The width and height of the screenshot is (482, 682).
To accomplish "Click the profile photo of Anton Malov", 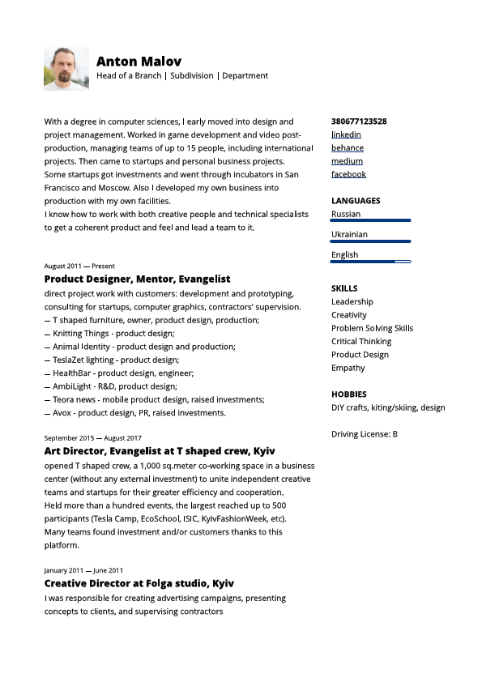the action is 66,67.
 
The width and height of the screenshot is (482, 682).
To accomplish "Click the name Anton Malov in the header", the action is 139,62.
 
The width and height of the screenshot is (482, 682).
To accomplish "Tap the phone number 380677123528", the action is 359,121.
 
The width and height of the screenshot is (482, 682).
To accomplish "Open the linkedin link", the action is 346,134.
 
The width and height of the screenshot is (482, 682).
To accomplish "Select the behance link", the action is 348,148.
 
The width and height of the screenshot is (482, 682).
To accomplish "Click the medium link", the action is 347,161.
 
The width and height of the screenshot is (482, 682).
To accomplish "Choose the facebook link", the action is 348,174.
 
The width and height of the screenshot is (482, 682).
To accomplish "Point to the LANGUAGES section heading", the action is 356,201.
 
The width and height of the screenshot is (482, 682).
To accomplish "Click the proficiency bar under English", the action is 371,262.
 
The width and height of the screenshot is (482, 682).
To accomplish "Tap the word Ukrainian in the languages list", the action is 349,234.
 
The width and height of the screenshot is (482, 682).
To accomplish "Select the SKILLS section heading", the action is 344,288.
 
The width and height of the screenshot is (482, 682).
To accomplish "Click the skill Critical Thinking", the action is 361,341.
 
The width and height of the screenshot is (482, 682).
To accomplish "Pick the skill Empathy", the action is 348,368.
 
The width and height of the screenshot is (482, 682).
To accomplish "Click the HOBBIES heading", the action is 348,394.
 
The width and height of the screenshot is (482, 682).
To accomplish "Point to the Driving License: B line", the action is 365,434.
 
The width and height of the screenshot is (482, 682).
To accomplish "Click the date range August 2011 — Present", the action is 79,266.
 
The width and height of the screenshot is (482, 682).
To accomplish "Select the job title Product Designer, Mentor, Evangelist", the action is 138,279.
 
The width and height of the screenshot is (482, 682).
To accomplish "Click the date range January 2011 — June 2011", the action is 83,570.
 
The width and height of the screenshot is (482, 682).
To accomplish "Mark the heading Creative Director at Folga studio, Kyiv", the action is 139,583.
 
